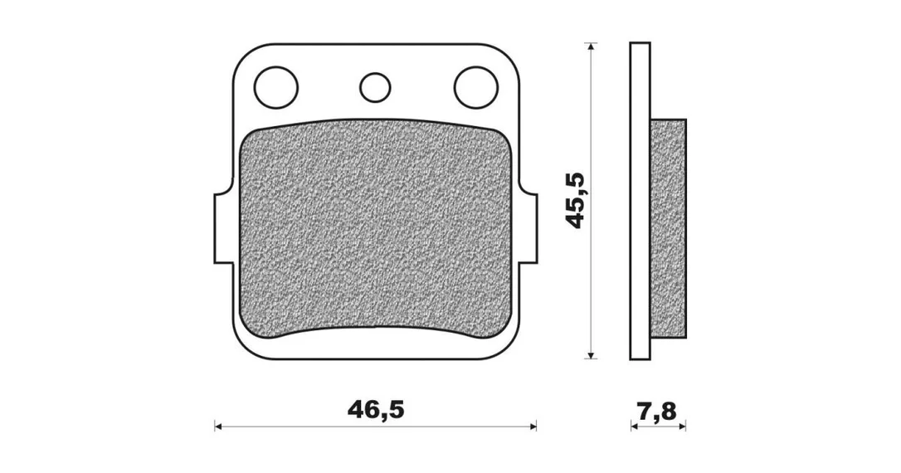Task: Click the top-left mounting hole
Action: [x=275, y=88]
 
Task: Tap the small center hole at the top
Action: [x=375, y=88]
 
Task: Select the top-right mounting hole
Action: [x=475, y=88]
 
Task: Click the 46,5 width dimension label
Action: [x=376, y=409]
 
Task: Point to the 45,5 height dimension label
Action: [x=575, y=201]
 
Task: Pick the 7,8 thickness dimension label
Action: [x=657, y=412]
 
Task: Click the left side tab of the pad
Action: [x=225, y=229]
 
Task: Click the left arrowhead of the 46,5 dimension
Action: [x=217, y=427]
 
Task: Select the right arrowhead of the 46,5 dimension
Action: [x=533, y=427]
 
